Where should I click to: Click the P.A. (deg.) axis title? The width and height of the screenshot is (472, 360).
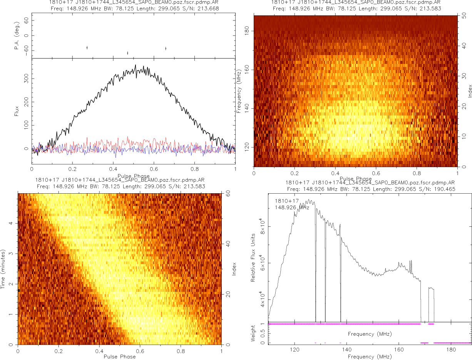point(16,36)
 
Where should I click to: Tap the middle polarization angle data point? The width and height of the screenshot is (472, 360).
point(127,53)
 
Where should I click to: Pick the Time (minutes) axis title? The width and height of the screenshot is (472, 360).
point(3,268)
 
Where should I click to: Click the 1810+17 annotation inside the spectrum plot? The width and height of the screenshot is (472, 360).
point(285,201)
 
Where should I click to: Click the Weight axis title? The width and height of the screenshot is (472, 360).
point(253,333)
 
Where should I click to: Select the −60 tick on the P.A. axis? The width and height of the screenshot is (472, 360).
point(27,50)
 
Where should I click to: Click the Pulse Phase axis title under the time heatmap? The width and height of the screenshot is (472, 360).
point(120,357)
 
